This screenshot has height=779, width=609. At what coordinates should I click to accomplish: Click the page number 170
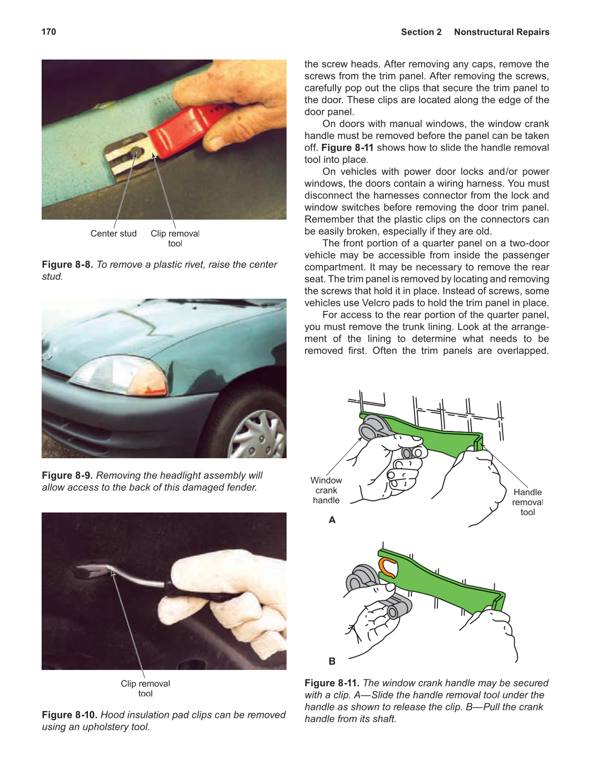(48, 32)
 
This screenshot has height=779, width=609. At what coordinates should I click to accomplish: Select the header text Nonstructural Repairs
(501, 32)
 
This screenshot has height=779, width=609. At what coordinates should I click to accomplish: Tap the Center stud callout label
(113, 233)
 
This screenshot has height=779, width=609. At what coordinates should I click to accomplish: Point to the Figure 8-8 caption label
(67, 264)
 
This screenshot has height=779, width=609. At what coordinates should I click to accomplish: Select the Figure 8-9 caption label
(67, 475)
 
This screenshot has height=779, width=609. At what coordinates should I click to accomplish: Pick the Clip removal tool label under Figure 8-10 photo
(145, 688)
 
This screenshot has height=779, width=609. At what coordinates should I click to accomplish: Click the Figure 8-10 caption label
(70, 715)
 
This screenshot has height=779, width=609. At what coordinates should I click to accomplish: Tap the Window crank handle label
(326, 490)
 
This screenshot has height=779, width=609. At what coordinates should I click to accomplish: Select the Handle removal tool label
(527, 502)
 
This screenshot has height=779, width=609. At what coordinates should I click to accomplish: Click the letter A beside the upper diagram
(332, 520)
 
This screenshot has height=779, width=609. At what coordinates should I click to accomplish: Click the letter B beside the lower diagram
(332, 661)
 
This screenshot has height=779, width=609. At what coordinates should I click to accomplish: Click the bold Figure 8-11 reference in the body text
(347, 147)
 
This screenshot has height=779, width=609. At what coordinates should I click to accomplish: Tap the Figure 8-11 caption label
(331, 683)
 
